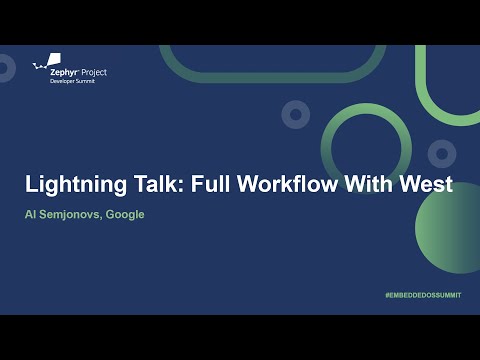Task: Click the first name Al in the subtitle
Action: click(x=32, y=214)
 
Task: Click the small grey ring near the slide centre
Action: click(x=295, y=115)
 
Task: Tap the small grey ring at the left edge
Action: click(x=4, y=68)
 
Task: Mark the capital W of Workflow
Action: click(x=256, y=185)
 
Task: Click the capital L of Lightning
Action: click(x=30, y=185)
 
